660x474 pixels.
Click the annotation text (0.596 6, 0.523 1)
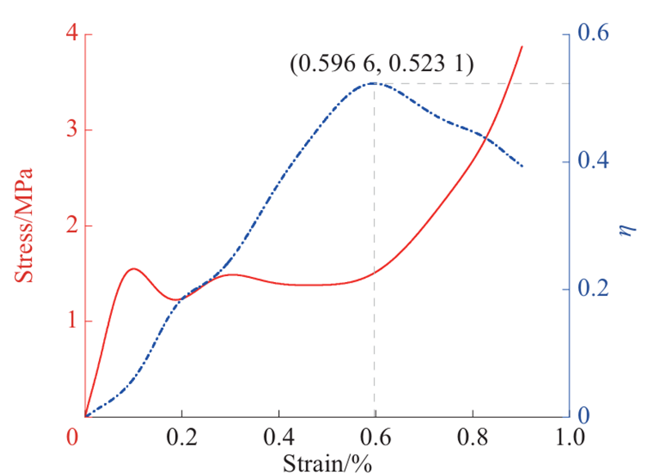click(x=381, y=64)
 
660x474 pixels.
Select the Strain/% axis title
click(x=327, y=463)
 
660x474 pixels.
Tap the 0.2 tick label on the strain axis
click(x=182, y=437)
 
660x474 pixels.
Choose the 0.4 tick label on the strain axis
click(x=278, y=437)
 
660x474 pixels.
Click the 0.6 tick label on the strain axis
click(x=375, y=437)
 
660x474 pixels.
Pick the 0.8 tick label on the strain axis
click(x=471, y=437)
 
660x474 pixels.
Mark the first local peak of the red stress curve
click(x=133, y=268)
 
